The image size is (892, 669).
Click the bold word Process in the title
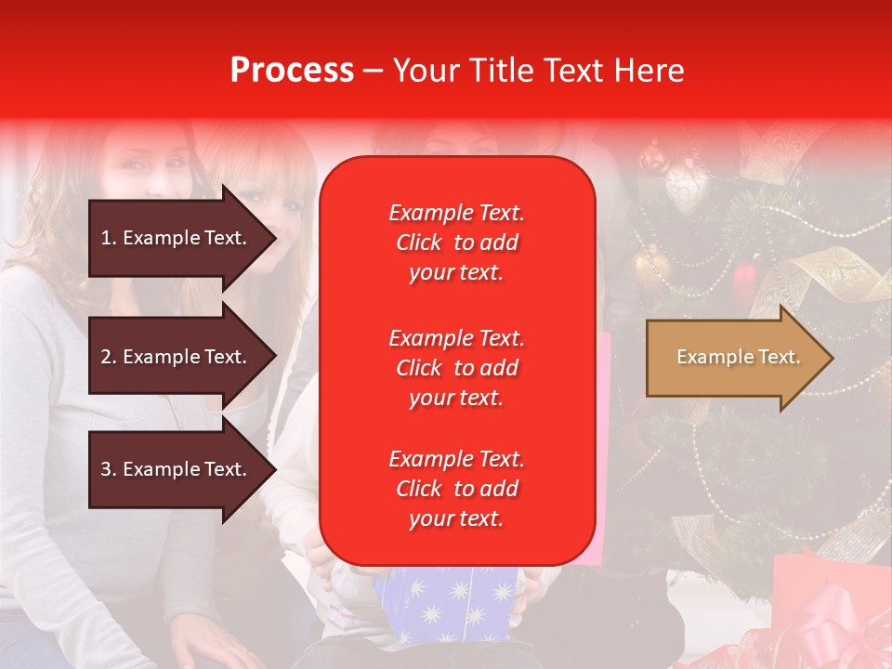click(292, 71)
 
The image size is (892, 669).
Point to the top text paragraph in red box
click(456, 243)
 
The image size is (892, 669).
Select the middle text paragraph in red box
click(456, 368)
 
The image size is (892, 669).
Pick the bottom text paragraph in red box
click(456, 489)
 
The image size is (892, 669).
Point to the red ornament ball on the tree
click(744, 275)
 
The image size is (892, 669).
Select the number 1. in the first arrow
click(109, 238)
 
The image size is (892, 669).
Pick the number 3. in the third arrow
click(109, 469)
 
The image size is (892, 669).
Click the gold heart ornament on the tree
click(687, 190)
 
